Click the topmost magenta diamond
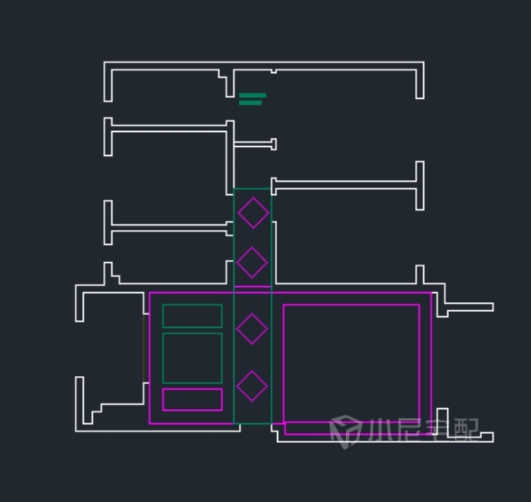pyautogui.click(x=253, y=197)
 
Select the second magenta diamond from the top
pyautogui.click(x=252, y=247)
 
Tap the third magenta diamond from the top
pyautogui.click(x=252, y=314)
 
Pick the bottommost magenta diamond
pyautogui.click(x=252, y=371)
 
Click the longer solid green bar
pyautogui.click(x=252, y=95)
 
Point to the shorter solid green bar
pyautogui.click(x=251, y=103)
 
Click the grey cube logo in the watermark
pyautogui.click(x=345, y=431)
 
